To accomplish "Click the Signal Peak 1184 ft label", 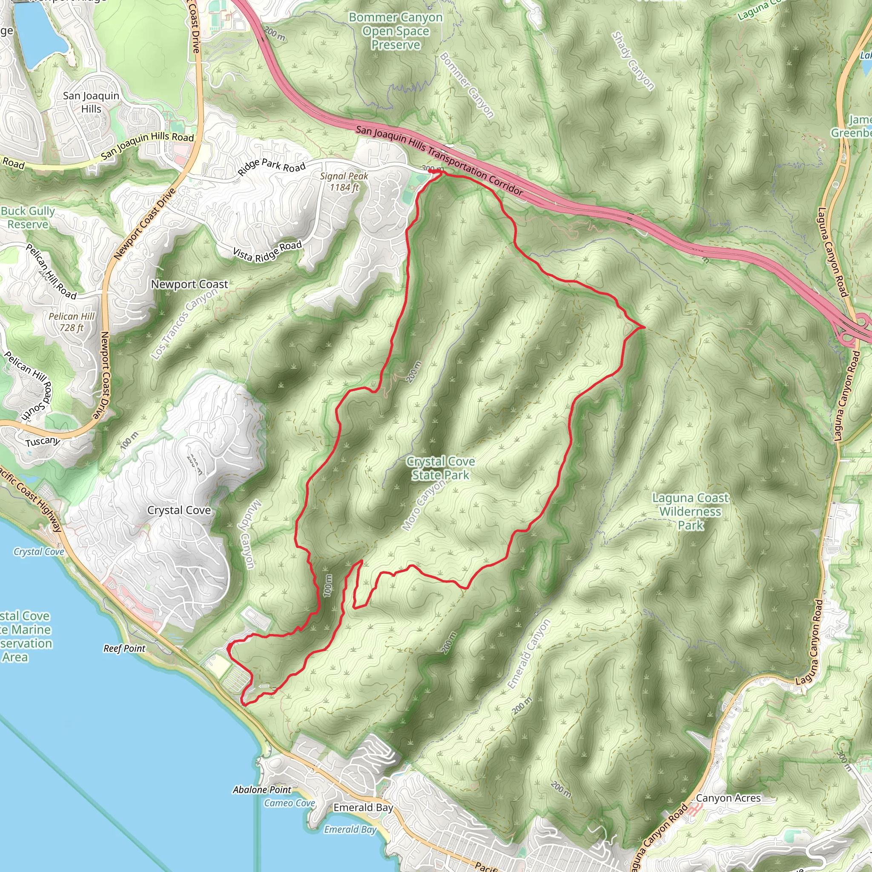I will (344, 181).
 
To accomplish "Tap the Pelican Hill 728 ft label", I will (72, 322).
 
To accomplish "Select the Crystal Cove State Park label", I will (441, 468).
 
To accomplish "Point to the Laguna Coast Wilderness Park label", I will (690, 511).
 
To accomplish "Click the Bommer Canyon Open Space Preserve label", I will (396, 31).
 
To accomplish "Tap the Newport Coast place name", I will (189, 284).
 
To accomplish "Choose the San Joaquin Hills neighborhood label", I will (91, 102).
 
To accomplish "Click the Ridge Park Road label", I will (272, 167).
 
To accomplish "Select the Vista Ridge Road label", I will (267, 252).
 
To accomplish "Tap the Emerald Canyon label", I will (528, 654).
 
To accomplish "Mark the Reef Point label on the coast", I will (124, 648).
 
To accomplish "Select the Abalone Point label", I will (262, 790).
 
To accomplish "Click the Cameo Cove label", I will (289, 803).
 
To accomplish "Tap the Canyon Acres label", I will (728, 798).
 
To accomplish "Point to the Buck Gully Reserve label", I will (28, 218).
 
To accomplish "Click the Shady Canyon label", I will (632, 61).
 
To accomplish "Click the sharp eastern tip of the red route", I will (644, 326).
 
